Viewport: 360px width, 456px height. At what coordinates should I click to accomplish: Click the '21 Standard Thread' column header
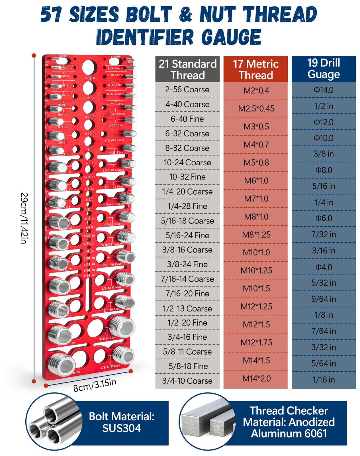tap(187, 69)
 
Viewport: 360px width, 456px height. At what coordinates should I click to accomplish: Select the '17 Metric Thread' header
tap(255, 69)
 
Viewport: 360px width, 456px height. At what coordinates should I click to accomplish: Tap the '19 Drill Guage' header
tap(324, 69)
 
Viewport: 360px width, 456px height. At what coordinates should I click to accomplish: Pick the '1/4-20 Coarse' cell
tap(187, 192)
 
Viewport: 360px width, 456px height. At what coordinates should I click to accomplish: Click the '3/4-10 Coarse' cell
tap(187, 381)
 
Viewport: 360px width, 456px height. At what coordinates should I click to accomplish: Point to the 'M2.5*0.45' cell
tap(256, 109)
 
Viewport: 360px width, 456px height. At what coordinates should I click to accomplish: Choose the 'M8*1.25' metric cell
tap(256, 235)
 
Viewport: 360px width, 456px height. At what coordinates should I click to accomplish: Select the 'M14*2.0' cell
tap(256, 378)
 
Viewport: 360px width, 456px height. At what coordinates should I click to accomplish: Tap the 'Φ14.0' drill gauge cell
tap(324, 90)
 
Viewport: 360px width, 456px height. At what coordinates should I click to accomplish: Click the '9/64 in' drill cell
tap(324, 299)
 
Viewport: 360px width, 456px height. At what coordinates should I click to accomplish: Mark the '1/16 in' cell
tap(324, 380)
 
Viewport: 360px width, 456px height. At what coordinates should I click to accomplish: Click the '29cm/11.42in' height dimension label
tap(24, 218)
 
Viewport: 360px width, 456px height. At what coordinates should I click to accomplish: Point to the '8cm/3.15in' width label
tap(95, 385)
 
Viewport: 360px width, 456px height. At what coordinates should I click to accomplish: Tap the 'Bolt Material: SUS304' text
tap(122, 422)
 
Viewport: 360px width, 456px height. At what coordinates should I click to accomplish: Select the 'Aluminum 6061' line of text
tap(289, 433)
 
